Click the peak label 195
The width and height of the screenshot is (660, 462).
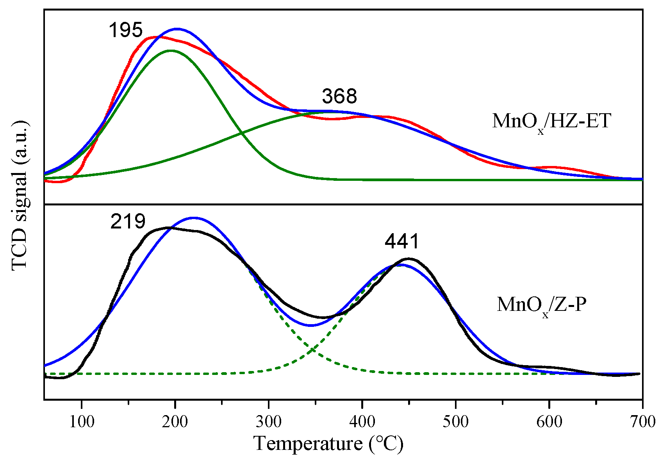click(126, 30)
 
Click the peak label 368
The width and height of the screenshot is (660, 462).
click(339, 96)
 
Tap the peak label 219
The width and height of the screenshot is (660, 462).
click(128, 221)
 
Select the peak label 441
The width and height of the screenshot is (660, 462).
click(402, 241)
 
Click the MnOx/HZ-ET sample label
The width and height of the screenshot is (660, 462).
click(551, 121)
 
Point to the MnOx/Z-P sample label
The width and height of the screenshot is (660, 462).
click(541, 305)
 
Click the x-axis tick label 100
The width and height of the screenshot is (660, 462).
click(82, 422)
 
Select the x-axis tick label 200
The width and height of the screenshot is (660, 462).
click(175, 422)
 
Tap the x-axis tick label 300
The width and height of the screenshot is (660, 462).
click(269, 422)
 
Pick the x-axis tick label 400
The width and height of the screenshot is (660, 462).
click(362, 422)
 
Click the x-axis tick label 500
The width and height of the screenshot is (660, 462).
click(456, 422)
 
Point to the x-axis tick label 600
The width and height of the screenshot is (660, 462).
click(549, 422)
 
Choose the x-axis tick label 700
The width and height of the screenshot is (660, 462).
click(642, 422)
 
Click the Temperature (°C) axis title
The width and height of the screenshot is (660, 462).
click(328, 444)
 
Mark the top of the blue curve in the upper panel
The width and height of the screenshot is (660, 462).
click(177, 29)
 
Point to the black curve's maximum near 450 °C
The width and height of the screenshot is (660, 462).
click(409, 258)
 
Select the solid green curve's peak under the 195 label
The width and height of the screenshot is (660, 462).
click(170, 50)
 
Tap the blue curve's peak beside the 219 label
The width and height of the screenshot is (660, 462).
click(193, 218)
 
